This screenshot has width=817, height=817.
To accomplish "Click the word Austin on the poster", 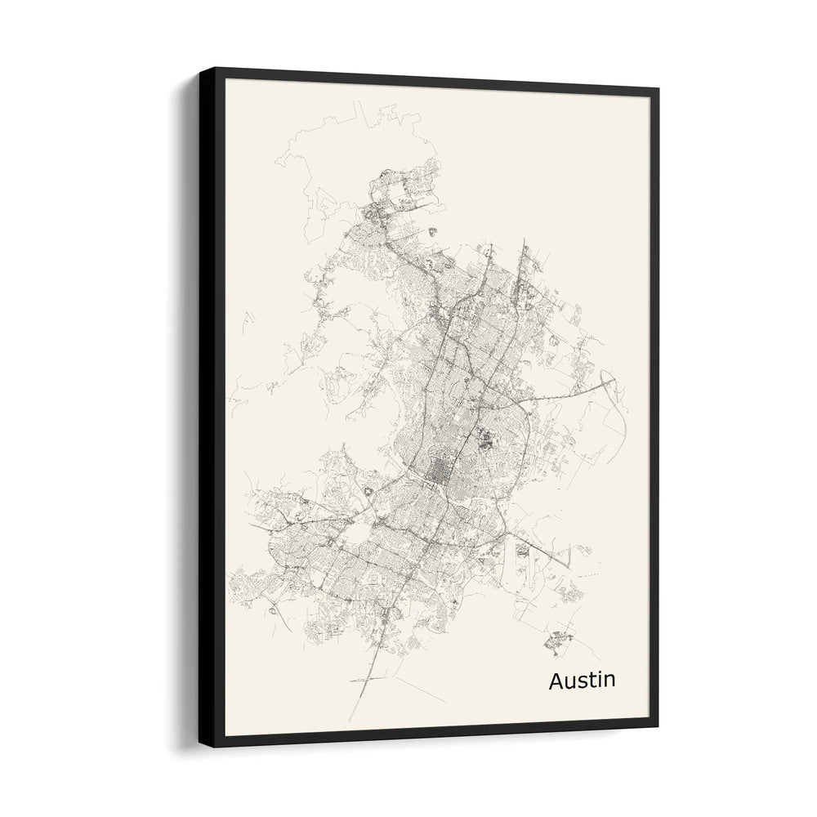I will [x=583, y=681].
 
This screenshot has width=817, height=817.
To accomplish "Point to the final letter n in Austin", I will [x=609, y=682].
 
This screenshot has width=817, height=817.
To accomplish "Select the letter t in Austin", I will [x=590, y=681].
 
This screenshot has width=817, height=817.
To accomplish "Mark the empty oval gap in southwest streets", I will [x=358, y=535].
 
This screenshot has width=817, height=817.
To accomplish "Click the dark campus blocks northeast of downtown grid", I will [x=488, y=441].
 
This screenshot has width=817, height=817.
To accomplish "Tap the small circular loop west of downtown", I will [x=367, y=490].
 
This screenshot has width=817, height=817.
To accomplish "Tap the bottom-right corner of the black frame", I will [x=658, y=726].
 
